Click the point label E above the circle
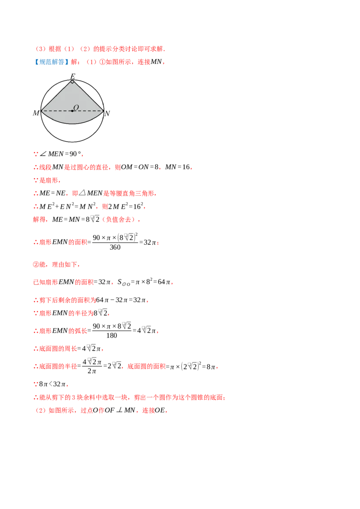pyautogui.click(x=73, y=76)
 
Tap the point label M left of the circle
pyautogui.click(x=36, y=113)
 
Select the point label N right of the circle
pyautogui.click(x=107, y=113)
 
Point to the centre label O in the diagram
pyautogui.click(x=76, y=107)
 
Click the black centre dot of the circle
pyautogui.click(x=72, y=111)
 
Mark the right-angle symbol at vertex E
pyautogui.click(x=72, y=82)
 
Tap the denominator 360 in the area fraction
pyautogui.click(x=115, y=247)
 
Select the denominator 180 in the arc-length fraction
pyautogui.click(x=112, y=335)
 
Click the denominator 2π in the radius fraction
pyautogui.click(x=92, y=371)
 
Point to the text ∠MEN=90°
pyautogui.click(x=61, y=154)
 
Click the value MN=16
pyautogui.click(x=177, y=167)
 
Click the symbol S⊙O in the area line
pyautogui.click(x=124, y=282)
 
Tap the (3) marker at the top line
pyautogui.click(x=40, y=49)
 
